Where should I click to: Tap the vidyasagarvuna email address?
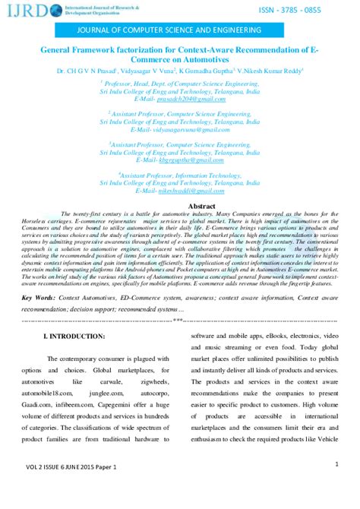(201, 131)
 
